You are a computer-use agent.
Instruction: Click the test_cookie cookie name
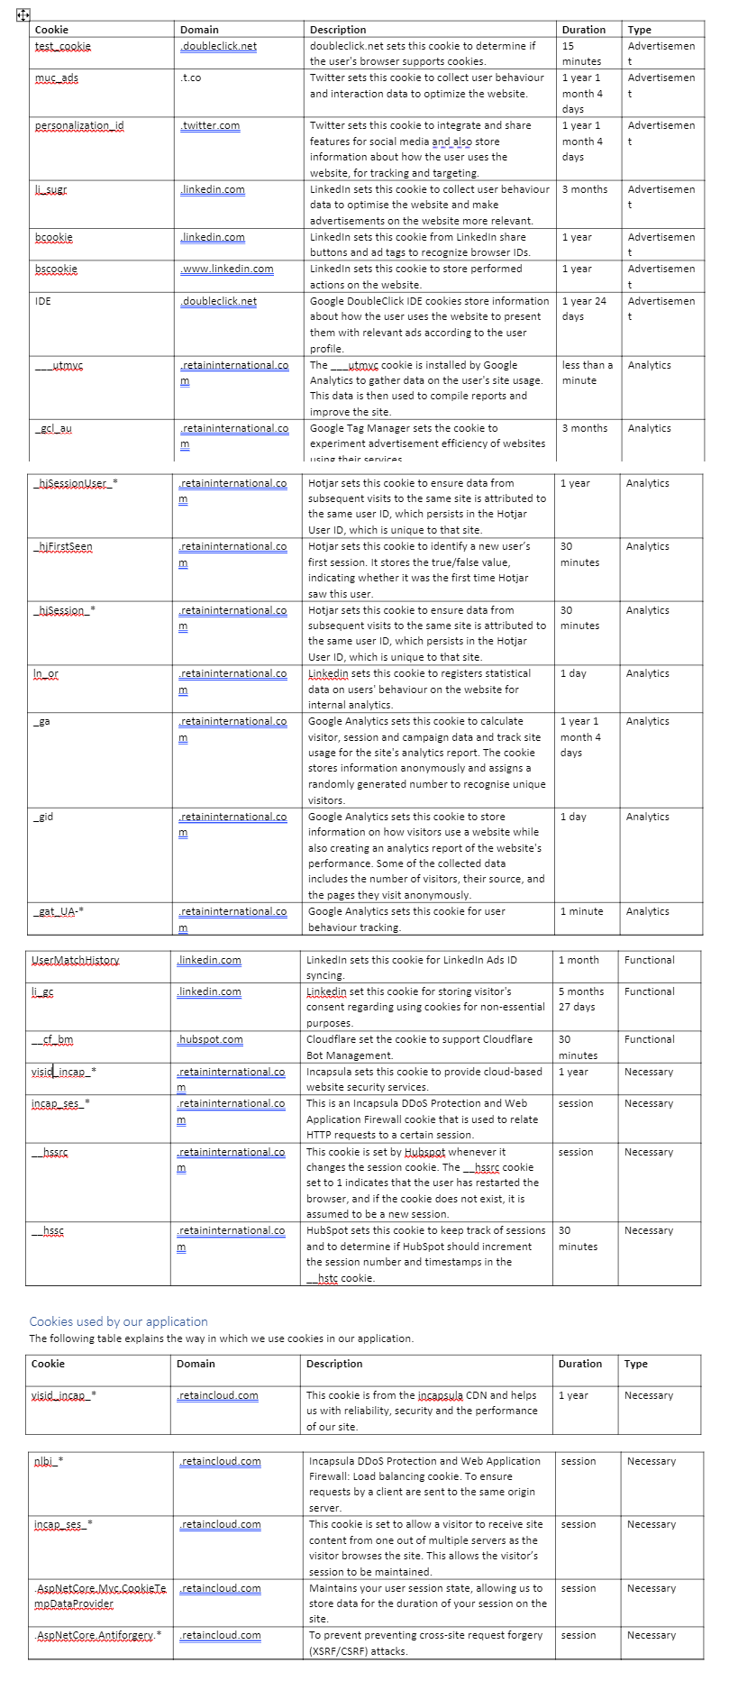63,46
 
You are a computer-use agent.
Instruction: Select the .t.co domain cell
190,78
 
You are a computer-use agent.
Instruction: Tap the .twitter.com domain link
210,125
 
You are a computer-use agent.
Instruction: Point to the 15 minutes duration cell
581,53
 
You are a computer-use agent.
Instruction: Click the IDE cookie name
43,301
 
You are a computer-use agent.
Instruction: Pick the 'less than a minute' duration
587,372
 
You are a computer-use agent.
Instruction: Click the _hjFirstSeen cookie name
62,546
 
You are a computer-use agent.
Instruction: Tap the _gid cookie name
43,817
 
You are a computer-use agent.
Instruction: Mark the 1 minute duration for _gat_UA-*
581,911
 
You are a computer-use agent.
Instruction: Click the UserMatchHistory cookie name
75,960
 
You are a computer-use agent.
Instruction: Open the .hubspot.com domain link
210,1039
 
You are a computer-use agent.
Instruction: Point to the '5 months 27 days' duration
581,999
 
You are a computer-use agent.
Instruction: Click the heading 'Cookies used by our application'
118,1321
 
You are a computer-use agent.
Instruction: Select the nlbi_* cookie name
49,1461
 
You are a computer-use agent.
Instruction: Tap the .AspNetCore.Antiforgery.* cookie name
98,1635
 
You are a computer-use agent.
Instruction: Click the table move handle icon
23,14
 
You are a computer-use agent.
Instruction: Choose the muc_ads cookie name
57,78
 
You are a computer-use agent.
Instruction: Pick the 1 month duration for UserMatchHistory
579,960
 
